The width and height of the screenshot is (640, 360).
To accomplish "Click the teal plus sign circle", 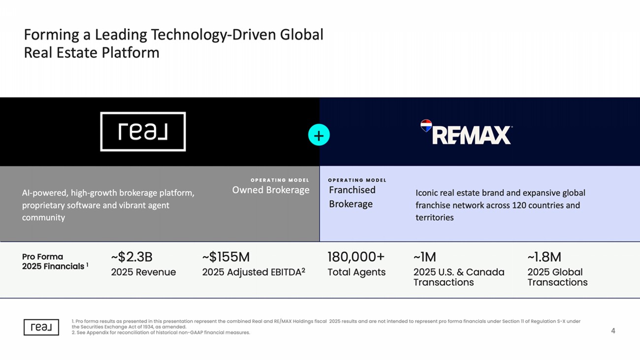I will pos(319,135).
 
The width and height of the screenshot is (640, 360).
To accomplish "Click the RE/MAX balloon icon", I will pos(426,126).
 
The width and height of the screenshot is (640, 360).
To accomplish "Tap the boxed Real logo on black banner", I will pos(143,131).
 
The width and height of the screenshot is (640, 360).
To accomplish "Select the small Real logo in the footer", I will pos(41,327).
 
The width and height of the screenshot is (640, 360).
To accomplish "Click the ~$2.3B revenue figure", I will pos(131,257).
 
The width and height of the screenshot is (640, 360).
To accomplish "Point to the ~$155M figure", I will pos(226,257).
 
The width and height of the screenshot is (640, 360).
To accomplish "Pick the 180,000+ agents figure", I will pos(356,257).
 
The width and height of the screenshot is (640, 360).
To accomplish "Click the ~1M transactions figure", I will pos(424,257).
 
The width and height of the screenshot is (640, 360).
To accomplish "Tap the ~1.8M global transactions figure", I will pos(544,257).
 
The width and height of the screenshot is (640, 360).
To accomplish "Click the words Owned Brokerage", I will pos(271,190).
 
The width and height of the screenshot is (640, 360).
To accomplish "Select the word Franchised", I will pos(352,190).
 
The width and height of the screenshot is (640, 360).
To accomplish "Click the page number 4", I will pos(613,331).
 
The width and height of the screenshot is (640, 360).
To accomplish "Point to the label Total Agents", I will pos(356,272).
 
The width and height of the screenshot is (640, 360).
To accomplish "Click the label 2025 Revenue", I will pos(143,272).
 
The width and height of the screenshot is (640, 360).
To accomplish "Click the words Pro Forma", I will pos(42,257).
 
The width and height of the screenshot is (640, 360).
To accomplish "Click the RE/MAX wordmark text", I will pos(471,135).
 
